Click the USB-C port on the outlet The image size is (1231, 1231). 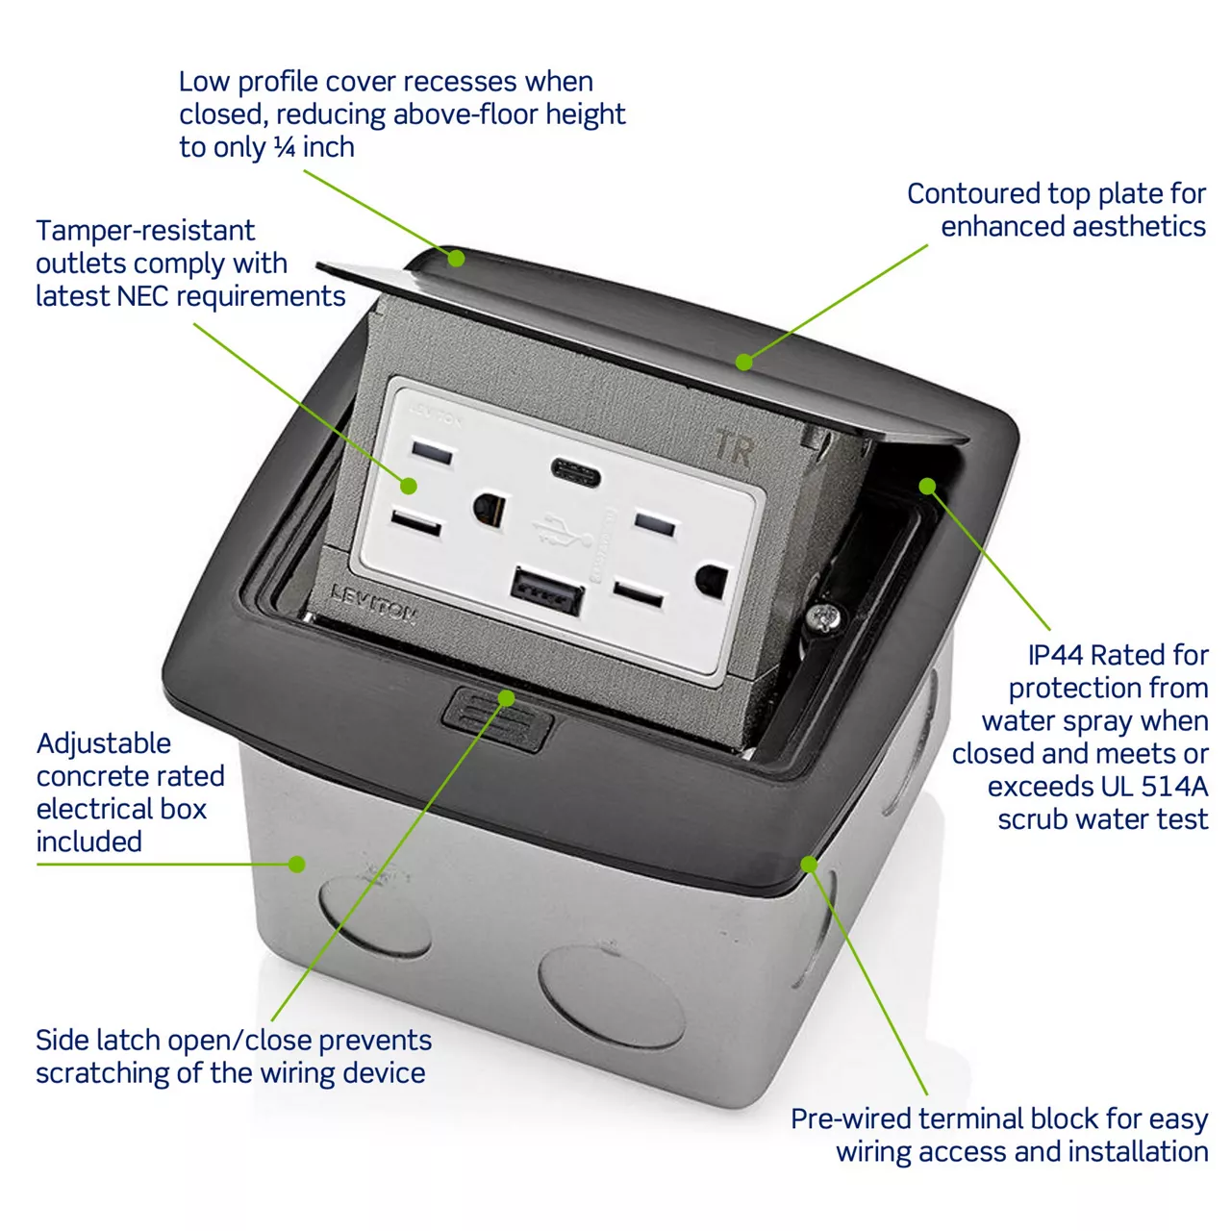(575, 472)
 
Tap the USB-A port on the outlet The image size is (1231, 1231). (547, 590)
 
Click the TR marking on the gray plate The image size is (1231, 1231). (734, 446)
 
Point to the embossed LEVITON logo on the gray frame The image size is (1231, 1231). (374, 603)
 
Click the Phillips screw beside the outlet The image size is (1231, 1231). (822, 617)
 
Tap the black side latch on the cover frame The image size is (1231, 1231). (496, 718)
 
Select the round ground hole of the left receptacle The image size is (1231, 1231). (490, 509)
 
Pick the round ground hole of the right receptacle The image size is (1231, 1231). (712, 581)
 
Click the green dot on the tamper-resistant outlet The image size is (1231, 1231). (409, 486)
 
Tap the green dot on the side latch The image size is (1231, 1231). (506, 697)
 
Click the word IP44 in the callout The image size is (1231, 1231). (1056, 655)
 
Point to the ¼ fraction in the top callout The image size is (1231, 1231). (285, 147)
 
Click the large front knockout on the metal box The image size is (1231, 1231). (612, 997)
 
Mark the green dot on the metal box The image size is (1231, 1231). (296, 865)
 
